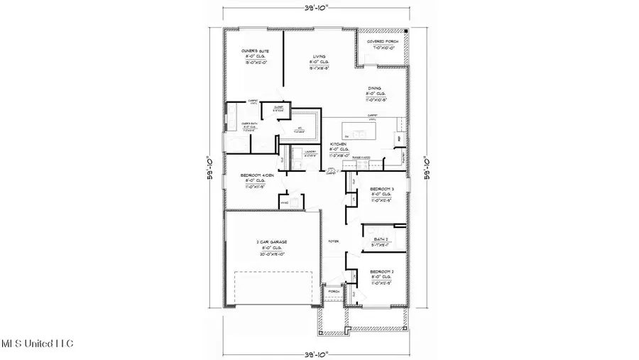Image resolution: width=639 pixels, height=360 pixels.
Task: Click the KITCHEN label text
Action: [x=339, y=144]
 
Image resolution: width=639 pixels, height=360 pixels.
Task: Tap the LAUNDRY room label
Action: [x=310, y=152]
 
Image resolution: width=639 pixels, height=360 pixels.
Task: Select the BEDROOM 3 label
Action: [x=382, y=188]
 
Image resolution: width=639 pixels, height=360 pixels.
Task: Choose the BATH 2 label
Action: [x=381, y=239]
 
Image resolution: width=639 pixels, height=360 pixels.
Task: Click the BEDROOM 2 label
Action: [x=382, y=272]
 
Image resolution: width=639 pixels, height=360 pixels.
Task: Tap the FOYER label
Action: [x=333, y=242]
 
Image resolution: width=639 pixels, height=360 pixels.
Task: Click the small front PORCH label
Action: [x=334, y=291]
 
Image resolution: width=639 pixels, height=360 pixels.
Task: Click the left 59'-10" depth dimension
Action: [x=209, y=168]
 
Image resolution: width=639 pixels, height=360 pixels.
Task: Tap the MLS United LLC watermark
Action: [x=37, y=344]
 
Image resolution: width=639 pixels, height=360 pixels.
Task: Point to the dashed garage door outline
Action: [x=272, y=288]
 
